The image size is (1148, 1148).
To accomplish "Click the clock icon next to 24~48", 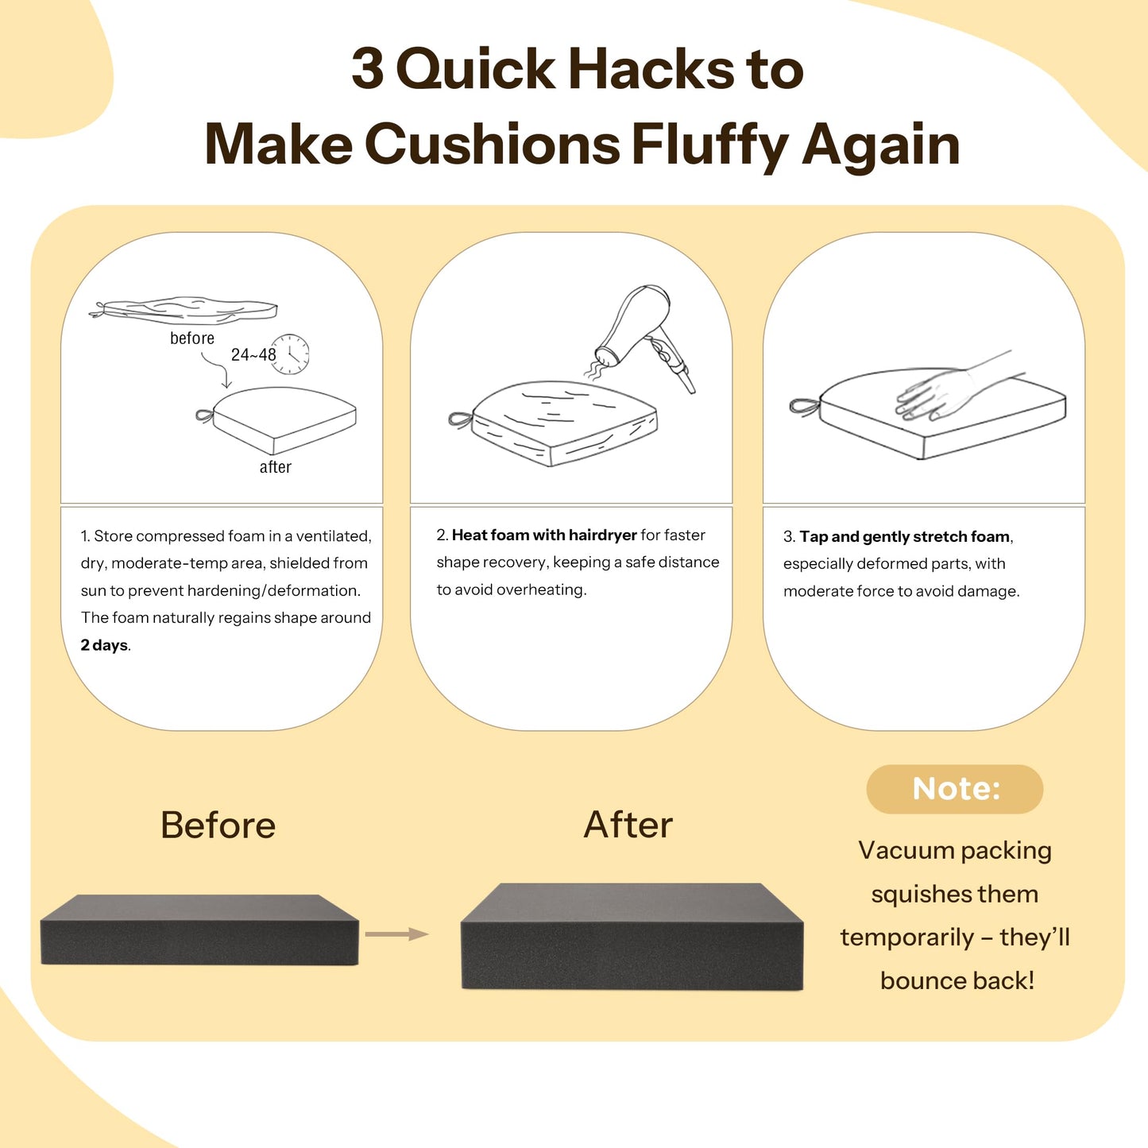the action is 290,354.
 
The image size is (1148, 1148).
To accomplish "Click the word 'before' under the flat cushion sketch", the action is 191,338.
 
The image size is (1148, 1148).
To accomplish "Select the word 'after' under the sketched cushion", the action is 275,466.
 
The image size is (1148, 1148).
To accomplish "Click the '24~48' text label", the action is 253,354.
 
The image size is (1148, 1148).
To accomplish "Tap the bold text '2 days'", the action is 104,644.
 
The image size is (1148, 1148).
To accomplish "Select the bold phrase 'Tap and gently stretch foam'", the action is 904,537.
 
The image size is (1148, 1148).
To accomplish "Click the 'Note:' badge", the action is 954,789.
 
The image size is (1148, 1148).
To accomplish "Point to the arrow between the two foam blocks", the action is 396,933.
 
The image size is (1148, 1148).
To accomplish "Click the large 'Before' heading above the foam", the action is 218,825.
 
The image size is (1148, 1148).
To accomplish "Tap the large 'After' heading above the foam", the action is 628,825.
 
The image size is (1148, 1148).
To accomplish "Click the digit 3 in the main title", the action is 367,70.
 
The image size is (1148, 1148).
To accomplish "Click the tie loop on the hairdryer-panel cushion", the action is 461,419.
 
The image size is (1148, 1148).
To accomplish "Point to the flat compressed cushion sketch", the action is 184,311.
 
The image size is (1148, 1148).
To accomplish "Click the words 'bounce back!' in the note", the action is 957,980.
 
